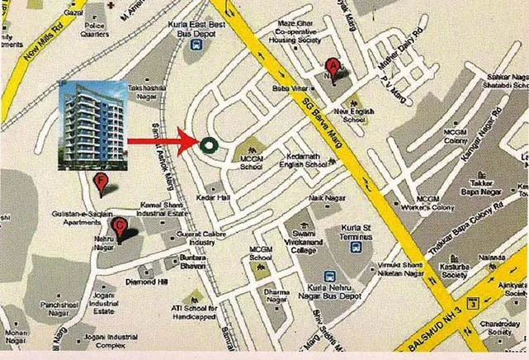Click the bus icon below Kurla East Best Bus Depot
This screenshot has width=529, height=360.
[195, 47]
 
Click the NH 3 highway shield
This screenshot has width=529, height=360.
[472, 303]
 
